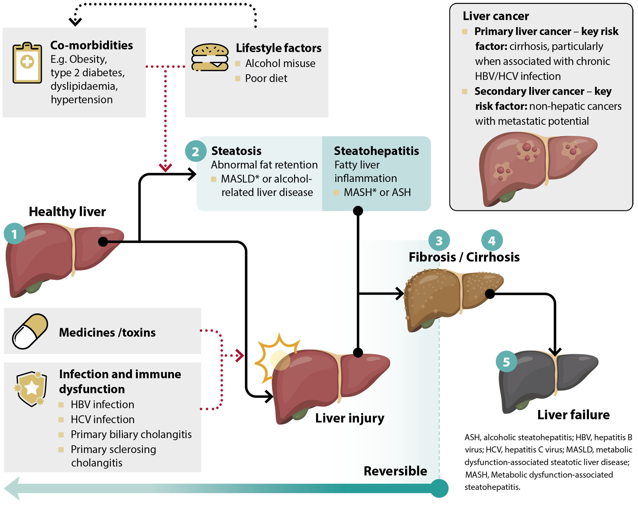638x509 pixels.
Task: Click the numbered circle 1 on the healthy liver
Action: (x=14, y=234)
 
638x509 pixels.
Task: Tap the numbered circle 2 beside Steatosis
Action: (x=196, y=151)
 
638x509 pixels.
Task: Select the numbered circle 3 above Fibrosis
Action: (x=439, y=240)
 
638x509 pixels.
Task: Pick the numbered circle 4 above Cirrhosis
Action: (x=492, y=240)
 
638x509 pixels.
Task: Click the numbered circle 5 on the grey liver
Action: (x=506, y=361)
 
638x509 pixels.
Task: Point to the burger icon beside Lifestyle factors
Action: (x=210, y=57)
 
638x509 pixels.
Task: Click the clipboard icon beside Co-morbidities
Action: (x=27, y=63)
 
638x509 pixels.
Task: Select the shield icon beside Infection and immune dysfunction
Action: (x=32, y=389)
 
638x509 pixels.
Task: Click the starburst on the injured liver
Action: (x=277, y=358)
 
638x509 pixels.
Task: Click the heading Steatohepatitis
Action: (x=376, y=151)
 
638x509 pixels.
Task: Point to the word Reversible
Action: (x=395, y=471)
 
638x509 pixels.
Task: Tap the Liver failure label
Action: (x=573, y=414)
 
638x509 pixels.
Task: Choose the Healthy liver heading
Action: (x=67, y=211)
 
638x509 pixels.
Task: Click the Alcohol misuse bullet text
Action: (x=280, y=63)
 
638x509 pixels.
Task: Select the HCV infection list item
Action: (x=102, y=419)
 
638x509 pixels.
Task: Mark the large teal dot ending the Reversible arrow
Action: (x=439, y=488)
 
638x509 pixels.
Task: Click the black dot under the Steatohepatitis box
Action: (x=358, y=211)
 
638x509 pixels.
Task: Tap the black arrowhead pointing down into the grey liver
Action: (x=555, y=352)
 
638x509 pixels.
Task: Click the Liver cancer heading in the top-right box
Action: (x=496, y=16)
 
